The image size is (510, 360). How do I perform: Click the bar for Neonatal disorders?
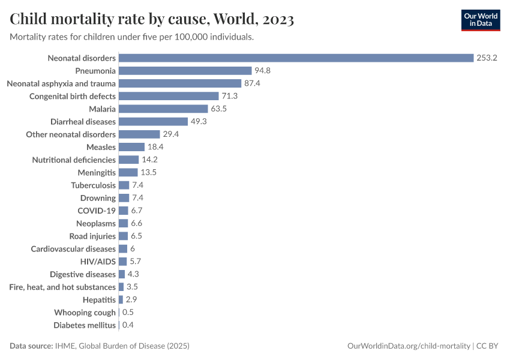point(296,58)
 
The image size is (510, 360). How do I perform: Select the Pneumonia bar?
point(185,71)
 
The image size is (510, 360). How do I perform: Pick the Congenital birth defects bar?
point(169,96)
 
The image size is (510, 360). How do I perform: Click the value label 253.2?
point(488,58)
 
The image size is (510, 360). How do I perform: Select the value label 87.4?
point(252,83)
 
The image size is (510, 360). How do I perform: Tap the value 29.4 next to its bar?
point(171,134)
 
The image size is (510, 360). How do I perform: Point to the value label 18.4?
point(156,147)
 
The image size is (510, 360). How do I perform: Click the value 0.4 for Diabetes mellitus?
point(128,325)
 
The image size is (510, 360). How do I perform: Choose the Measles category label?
point(101,147)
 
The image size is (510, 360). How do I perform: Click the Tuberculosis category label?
point(93,185)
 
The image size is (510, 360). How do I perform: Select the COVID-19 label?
point(97,211)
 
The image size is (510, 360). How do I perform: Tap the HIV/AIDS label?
point(98,262)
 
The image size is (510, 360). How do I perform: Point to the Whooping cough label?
point(85,313)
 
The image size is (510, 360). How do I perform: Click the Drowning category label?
point(98,198)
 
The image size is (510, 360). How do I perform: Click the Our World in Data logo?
point(481,20)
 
